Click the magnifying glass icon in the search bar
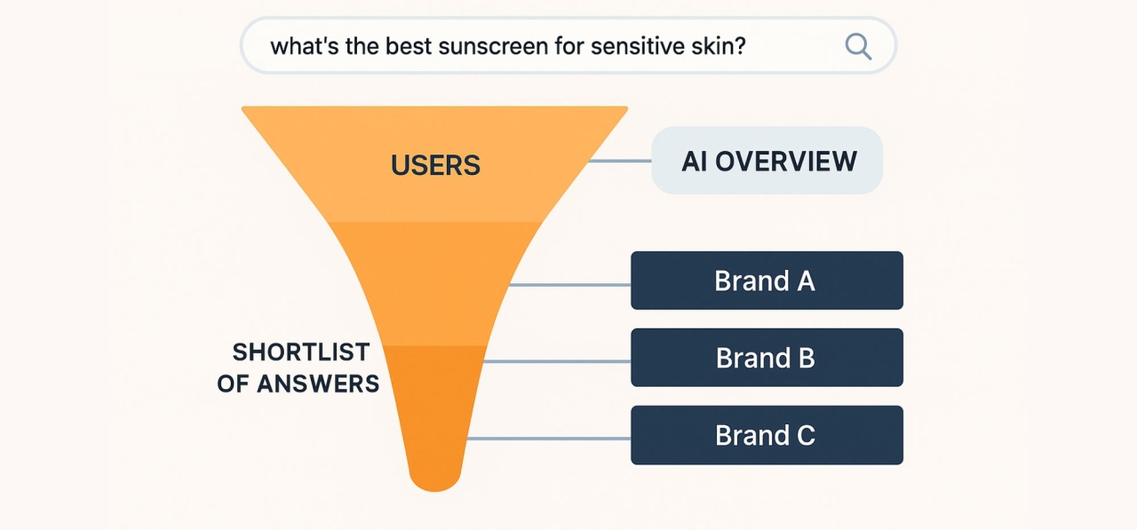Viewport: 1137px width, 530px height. point(857,45)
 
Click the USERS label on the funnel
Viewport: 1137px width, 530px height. point(435,165)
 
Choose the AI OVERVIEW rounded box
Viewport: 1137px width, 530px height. point(767,161)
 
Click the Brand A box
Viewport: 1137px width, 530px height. point(767,281)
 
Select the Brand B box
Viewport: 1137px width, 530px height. point(767,358)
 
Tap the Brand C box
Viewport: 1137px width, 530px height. point(767,435)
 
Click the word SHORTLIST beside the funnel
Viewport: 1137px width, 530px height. point(301,352)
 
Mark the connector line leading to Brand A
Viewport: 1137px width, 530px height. point(568,285)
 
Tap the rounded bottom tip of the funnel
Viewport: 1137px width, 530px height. point(434,479)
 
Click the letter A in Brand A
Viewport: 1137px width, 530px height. point(806,281)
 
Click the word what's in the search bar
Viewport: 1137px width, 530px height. point(299,46)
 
